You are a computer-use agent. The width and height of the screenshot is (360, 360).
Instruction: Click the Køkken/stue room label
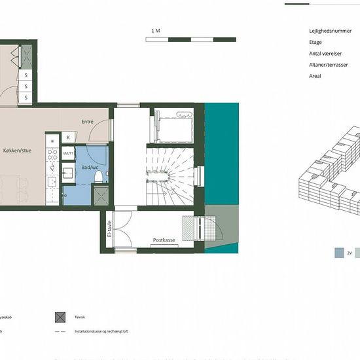[x=18, y=151]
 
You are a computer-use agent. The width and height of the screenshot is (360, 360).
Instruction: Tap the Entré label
[x=88, y=122]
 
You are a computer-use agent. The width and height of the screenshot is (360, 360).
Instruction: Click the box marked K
[x=68, y=137]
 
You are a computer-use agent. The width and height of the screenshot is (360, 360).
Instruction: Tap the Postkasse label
[x=164, y=240]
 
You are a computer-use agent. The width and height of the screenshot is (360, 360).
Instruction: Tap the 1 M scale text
[x=155, y=31]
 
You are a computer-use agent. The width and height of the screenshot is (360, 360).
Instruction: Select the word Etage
[x=315, y=42]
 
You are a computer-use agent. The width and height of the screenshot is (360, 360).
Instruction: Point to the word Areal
[x=315, y=76]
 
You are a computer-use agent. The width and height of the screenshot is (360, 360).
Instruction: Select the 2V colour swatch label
[x=350, y=252]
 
